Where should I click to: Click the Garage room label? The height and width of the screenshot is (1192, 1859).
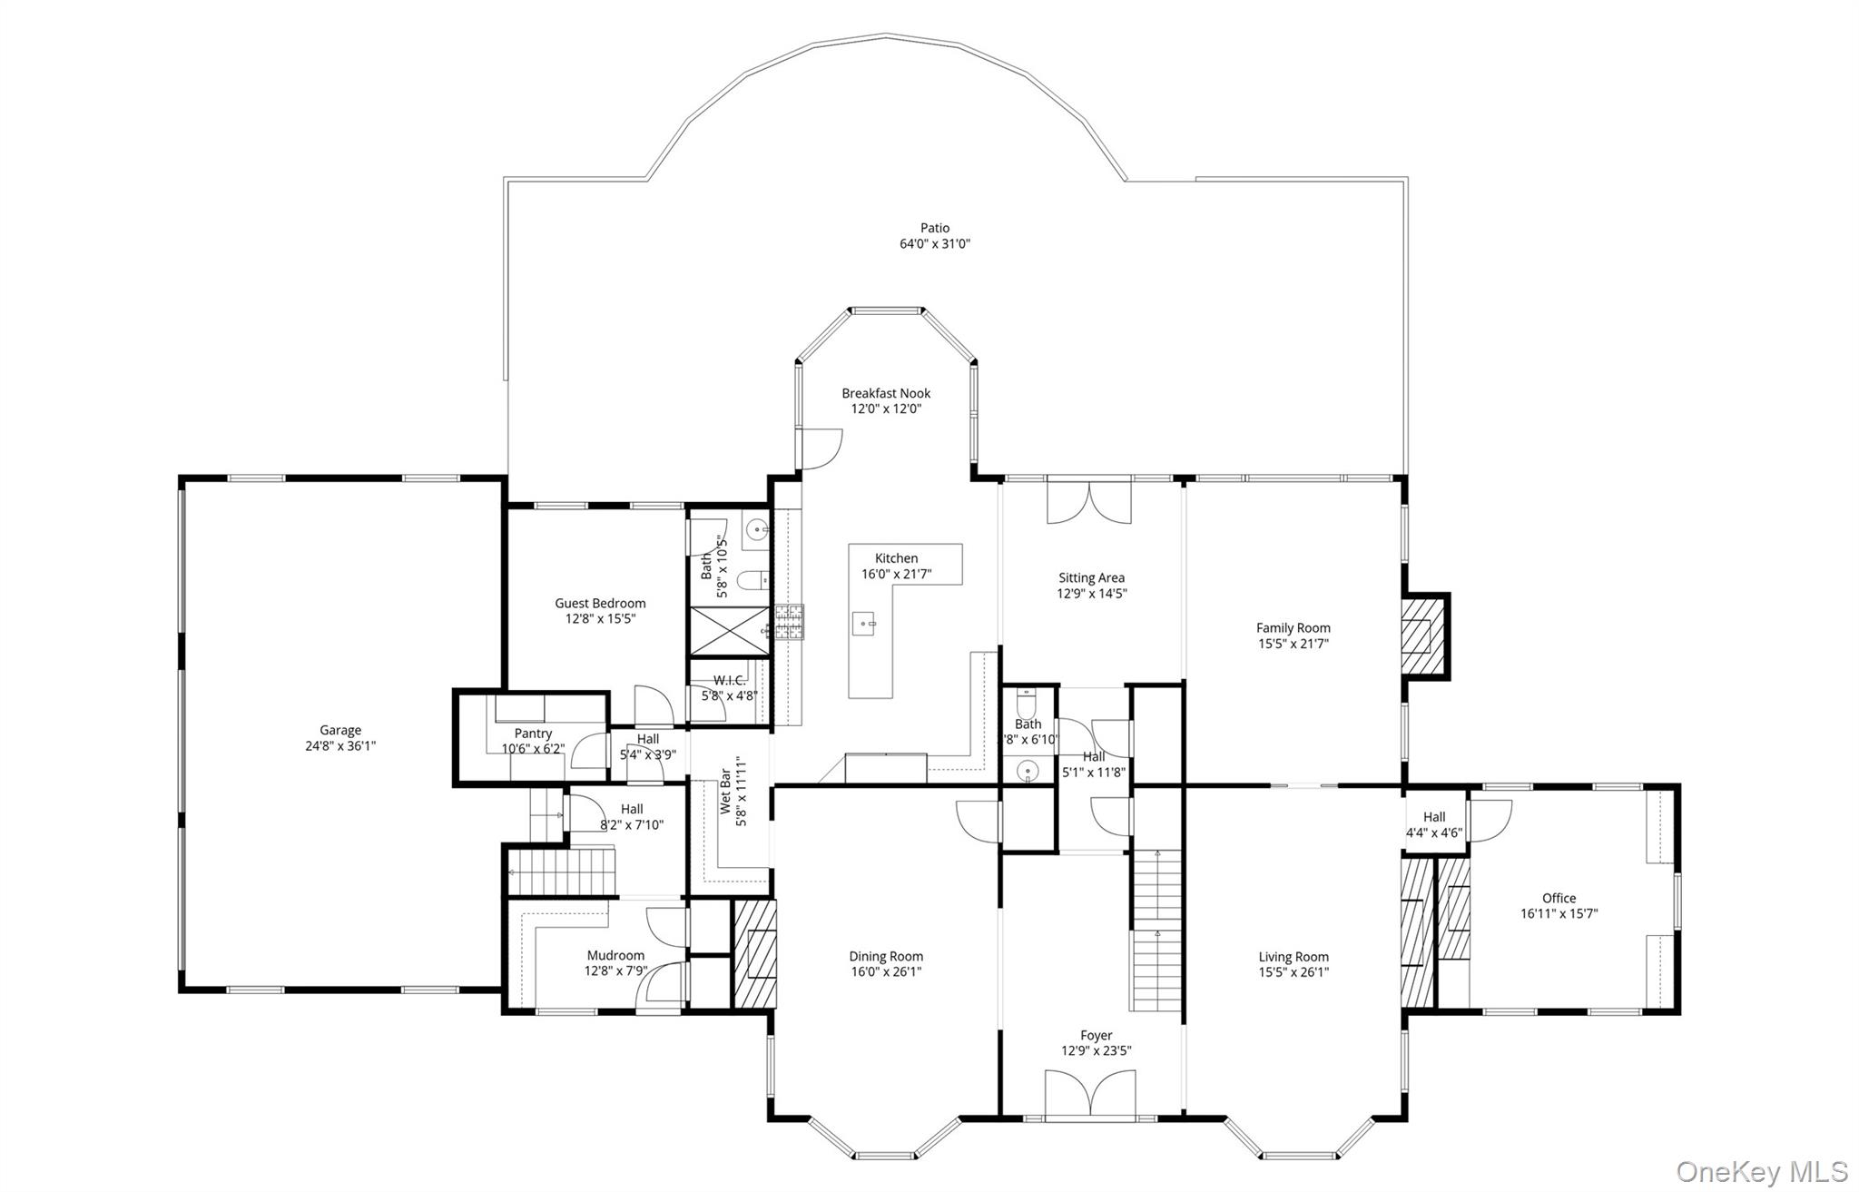pyautogui.click(x=340, y=730)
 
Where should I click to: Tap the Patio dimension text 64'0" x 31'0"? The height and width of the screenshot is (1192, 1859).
pyautogui.click(x=935, y=243)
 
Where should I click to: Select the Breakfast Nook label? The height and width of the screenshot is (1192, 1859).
pyautogui.click(x=886, y=393)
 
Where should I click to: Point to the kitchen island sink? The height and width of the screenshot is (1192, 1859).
pyautogui.click(x=863, y=624)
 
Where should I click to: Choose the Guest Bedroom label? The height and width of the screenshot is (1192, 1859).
pyautogui.click(x=600, y=603)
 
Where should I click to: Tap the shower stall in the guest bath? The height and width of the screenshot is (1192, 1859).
pyautogui.click(x=729, y=630)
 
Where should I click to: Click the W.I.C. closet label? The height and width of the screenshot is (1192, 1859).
pyautogui.click(x=729, y=681)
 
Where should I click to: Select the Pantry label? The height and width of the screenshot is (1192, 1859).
pyautogui.click(x=533, y=734)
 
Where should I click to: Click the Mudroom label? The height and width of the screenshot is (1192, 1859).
pyautogui.click(x=615, y=955)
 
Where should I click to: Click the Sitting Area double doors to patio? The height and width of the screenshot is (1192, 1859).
pyautogui.click(x=1089, y=500)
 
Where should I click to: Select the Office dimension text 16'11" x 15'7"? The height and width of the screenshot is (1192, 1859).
pyautogui.click(x=1559, y=913)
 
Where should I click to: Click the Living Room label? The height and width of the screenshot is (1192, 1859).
pyautogui.click(x=1293, y=957)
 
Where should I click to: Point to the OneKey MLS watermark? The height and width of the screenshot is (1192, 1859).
pyautogui.click(x=1761, y=1171)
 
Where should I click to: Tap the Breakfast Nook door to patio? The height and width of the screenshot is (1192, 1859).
pyautogui.click(x=819, y=449)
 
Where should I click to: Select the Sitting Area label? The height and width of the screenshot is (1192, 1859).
pyautogui.click(x=1091, y=577)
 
